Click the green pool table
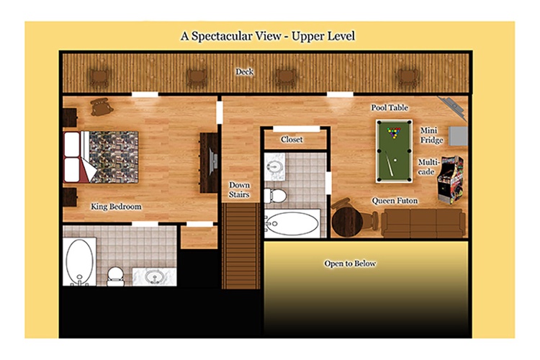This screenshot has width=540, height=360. (394, 151)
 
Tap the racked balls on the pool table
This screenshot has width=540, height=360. (394, 132)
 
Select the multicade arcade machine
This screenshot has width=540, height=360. (451, 180)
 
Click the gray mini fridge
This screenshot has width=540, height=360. (458, 136)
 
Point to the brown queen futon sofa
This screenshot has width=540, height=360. (423, 223)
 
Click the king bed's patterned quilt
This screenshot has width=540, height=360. (114, 157)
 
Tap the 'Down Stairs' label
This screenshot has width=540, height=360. (239, 190)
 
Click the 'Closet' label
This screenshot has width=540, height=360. (292, 140)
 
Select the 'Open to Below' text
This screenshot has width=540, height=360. (350, 264)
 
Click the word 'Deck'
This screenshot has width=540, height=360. (245, 72)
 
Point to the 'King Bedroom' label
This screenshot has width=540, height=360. (116, 207)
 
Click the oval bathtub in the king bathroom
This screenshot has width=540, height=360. (79, 261)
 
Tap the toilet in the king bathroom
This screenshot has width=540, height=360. (115, 276)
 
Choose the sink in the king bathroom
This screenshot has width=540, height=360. (155, 276)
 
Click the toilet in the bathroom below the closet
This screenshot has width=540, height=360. (276, 195)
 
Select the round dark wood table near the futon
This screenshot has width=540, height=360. (347, 223)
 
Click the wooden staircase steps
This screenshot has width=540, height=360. (241, 246)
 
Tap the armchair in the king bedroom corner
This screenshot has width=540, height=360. (102, 107)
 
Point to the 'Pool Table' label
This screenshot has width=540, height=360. (390, 108)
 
